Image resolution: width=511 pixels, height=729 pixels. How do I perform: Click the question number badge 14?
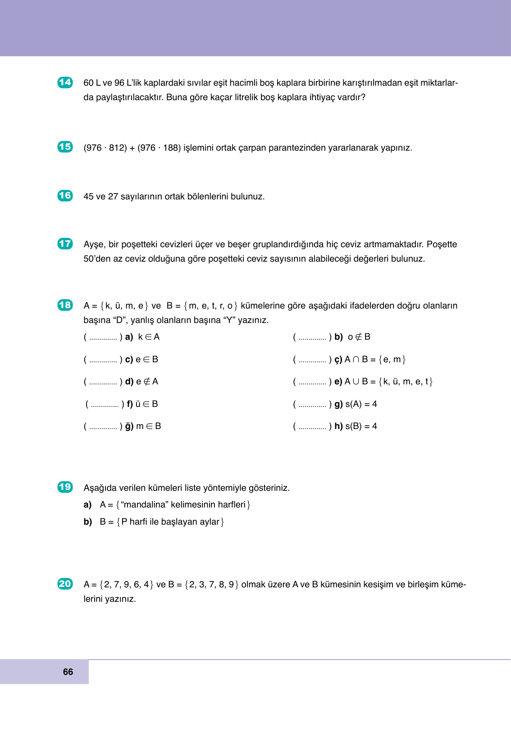pyautogui.click(x=65, y=82)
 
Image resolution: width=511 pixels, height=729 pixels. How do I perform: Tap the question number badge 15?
pyautogui.click(x=65, y=147)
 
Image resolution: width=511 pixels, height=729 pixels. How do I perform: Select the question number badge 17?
pyautogui.click(x=65, y=244)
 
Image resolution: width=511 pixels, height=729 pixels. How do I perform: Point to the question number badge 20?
pyautogui.click(x=65, y=584)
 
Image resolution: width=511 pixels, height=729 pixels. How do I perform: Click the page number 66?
pyautogui.click(x=68, y=672)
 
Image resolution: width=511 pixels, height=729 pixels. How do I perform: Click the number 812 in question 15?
pyautogui.click(x=118, y=148)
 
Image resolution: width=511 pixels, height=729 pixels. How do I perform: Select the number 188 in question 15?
pyautogui.click(x=171, y=148)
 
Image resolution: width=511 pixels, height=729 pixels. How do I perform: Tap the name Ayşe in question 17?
pyautogui.click(x=93, y=245)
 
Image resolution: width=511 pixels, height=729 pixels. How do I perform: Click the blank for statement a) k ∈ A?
pyautogui.click(x=103, y=337)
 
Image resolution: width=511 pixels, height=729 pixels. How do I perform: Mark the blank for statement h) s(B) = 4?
pyautogui.click(x=312, y=427)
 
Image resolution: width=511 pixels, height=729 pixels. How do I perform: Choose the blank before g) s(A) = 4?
pyautogui.click(x=312, y=405)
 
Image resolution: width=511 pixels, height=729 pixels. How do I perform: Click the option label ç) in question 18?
pyautogui.click(x=338, y=360)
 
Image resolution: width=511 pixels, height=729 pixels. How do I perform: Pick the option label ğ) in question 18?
pyautogui.click(x=129, y=426)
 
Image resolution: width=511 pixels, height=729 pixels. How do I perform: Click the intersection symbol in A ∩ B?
pyautogui.click(x=356, y=360)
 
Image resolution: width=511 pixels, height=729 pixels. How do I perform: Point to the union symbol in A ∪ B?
pyautogui.click(x=356, y=382)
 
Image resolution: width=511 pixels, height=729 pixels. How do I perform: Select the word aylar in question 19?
pyautogui.click(x=210, y=522)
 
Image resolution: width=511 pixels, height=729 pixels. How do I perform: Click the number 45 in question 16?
pyautogui.click(x=89, y=197)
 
